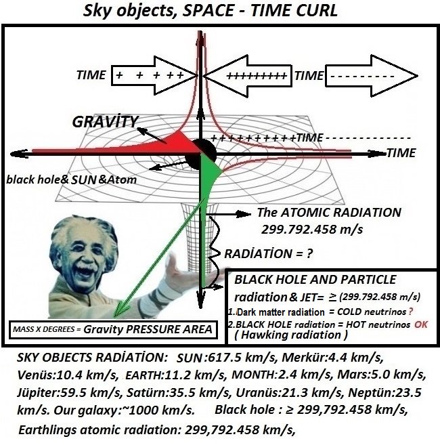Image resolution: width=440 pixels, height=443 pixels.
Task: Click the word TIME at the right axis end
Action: (401, 153)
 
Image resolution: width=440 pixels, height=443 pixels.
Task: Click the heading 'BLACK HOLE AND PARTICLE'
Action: (315, 280)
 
